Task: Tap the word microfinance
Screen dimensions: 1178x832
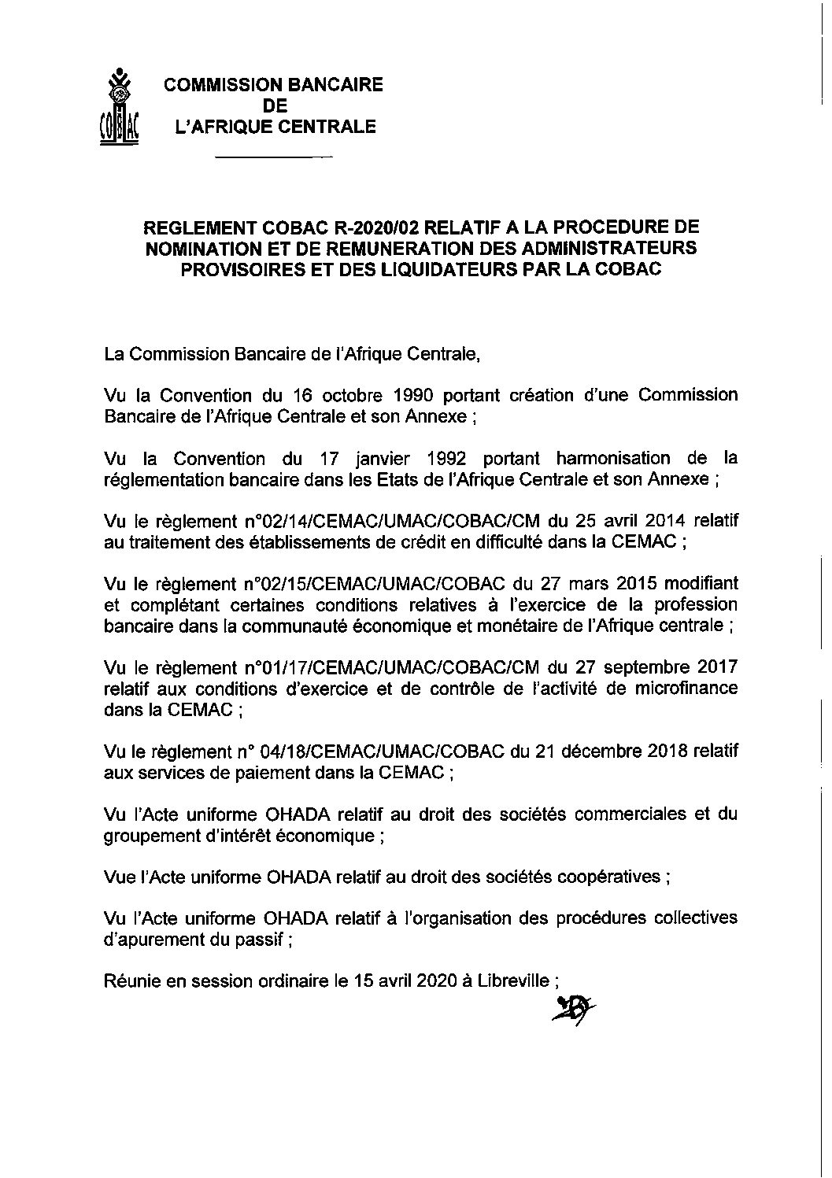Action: pyautogui.click(x=690, y=688)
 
